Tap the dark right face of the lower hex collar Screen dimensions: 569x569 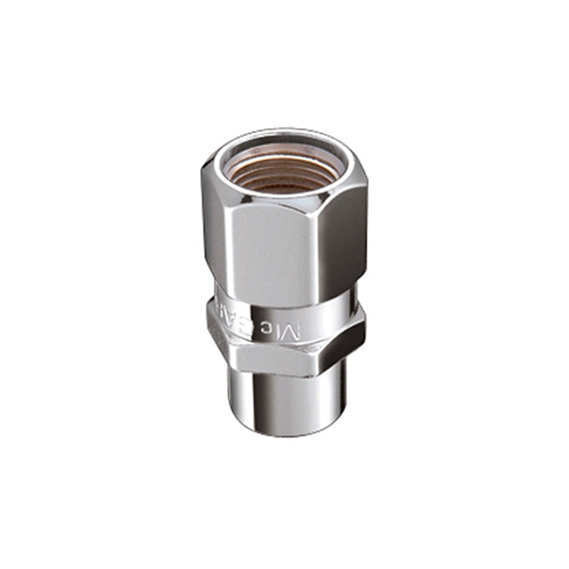click(349, 341)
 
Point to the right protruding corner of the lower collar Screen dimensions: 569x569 click(364, 329)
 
